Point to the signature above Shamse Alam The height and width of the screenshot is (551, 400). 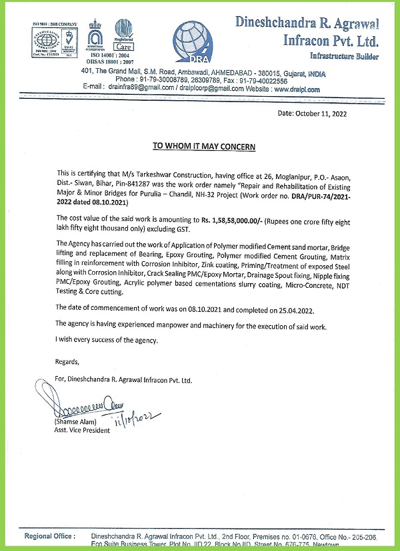(86, 405)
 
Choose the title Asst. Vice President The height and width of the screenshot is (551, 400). (81, 430)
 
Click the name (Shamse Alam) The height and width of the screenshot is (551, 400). (76, 422)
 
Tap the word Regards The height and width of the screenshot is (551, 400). (67, 361)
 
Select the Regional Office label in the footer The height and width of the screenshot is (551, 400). (50, 536)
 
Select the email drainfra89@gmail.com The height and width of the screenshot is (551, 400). (139, 89)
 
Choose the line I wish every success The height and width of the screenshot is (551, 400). (107, 340)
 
